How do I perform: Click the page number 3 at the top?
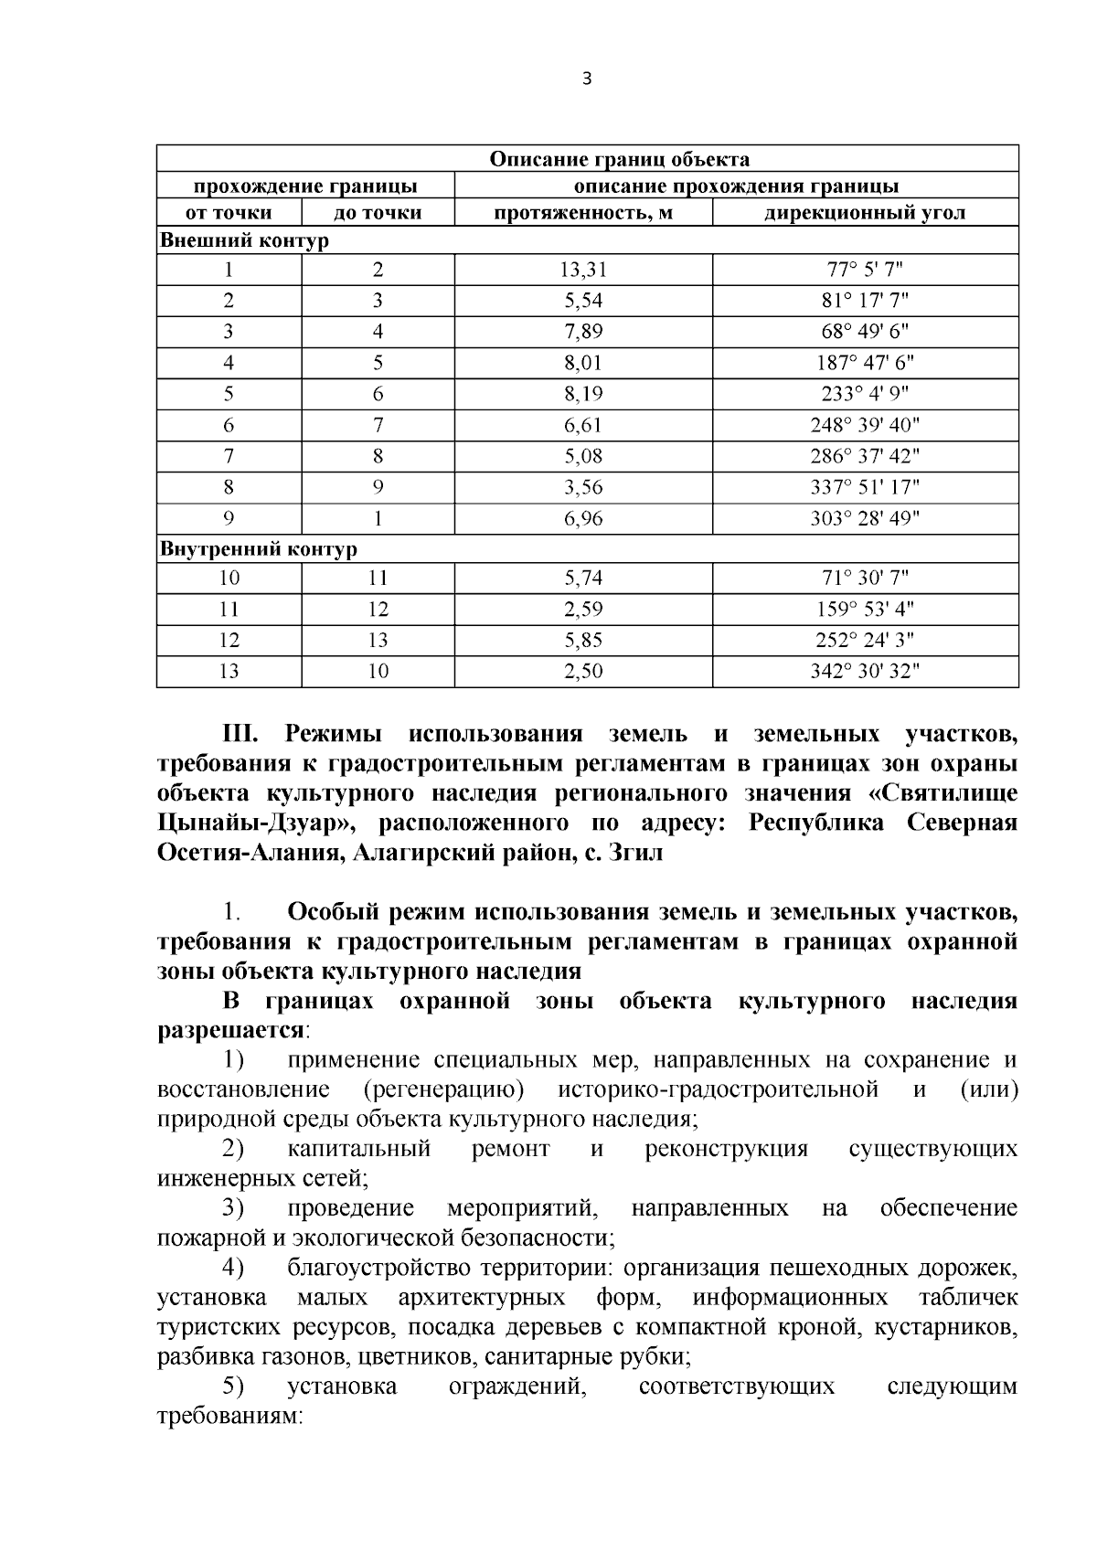[587, 80]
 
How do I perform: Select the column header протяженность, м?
[583, 213]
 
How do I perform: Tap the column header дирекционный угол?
[865, 213]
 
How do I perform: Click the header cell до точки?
[378, 213]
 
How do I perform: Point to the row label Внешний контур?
[244, 241]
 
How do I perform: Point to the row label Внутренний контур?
[259, 549]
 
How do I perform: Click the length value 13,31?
[583, 270]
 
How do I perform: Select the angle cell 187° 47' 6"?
[865, 363]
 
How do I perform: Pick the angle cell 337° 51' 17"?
[865, 487]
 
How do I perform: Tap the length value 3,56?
[583, 487]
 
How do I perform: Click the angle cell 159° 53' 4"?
[865, 610]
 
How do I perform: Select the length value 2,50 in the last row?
[583, 672]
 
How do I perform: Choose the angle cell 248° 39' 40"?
[865, 425]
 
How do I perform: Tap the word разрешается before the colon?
[230, 1030]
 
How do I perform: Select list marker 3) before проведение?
[233, 1208]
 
